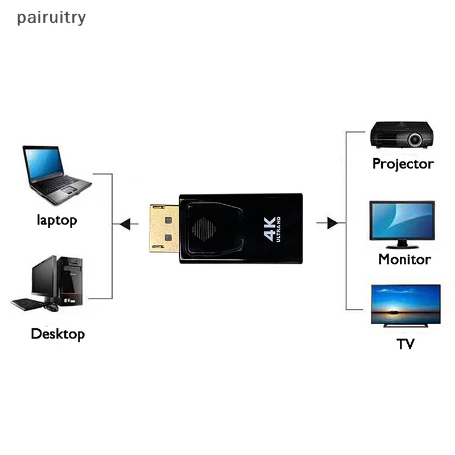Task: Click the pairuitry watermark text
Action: coord(51,18)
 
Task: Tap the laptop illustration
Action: coord(54,173)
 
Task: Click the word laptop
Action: coord(56,220)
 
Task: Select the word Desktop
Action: coord(57,333)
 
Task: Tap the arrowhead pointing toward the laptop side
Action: coord(126,224)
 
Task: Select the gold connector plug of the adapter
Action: coord(164,228)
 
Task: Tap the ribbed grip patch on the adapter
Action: coord(204,229)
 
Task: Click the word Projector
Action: coord(403,164)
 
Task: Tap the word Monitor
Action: coord(404,259)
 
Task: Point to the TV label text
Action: coord(406,344)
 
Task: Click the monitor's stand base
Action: coord(402,246)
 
